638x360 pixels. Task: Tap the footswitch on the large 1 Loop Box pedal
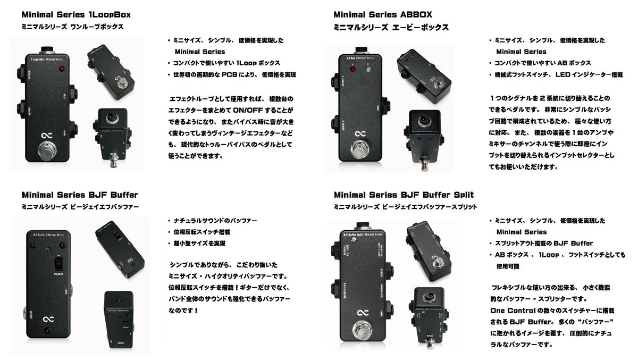[x=46, y=151]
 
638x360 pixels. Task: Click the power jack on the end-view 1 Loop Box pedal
[x=113, y=118]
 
